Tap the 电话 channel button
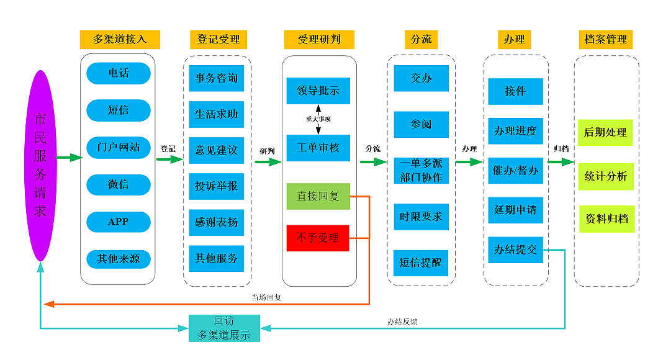tap(119, 73)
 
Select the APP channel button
tap(119, 222)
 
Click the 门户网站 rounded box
tap(119, 148)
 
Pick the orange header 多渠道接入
tap(120, 39)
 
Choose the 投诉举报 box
tap(217, 186)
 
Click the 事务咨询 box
tap(217, 79)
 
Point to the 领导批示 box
tap(318, 91)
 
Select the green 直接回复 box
tap(318, 196)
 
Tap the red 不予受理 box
tap(318, 238)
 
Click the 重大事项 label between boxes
tap(318, 119)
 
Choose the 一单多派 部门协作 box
tap(421, 171)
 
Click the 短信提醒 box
tap(421, 263)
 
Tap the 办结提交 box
tap(516, 250)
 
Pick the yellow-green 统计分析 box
tap(606, 176)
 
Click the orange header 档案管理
tap(606, 39)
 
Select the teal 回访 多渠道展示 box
tap(224, 328)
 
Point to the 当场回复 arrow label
tap(266, 297)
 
